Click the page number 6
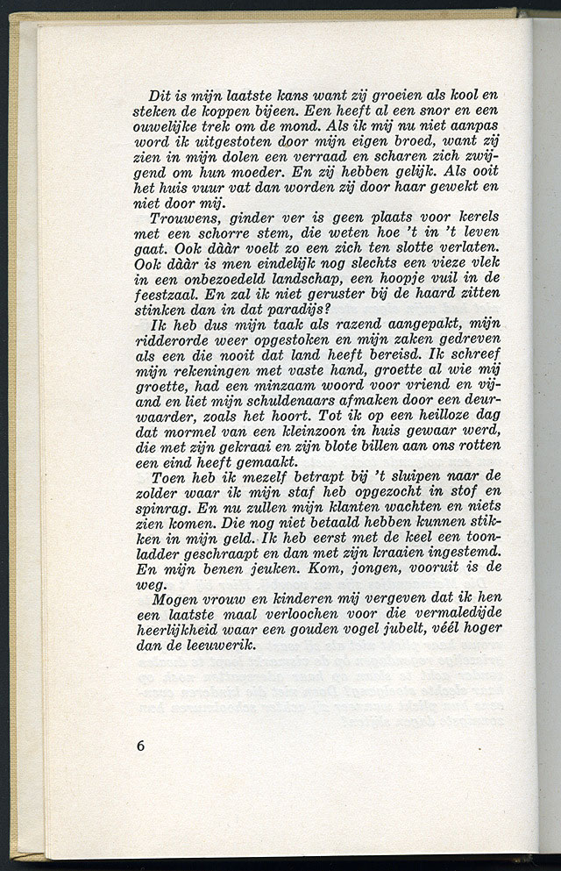pyautogui.click(x=141, y=746)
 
